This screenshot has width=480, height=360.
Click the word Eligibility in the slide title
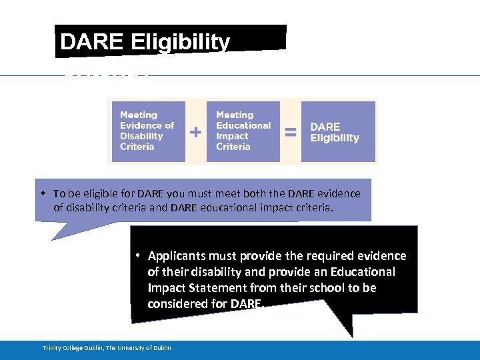pyautogui.click(x=181, y=42)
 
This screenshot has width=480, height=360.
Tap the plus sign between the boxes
pyautogui.click(x=196, y=132)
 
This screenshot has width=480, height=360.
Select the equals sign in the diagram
pyautogui.click(x=291, y=132)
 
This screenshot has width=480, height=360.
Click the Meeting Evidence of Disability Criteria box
pyautogui.click(x=147, y=131)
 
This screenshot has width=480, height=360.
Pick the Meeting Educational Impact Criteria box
pyautogui.click(x=243, y=131)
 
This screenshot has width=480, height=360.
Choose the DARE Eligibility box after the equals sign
pyautogui.click(x=338, y=131)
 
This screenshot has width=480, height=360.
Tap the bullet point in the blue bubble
pyautogui.click(x=42, y=193)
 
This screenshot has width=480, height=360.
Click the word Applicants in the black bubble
pyautogui.click(x=177, y=256)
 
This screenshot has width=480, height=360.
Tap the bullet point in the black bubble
pyautogui.click(x=136, y=256)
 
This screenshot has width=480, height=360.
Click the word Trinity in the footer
pyautogui.click(x=53, y=348)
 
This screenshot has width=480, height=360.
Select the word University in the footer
pyautogui.click(x=129, y=348)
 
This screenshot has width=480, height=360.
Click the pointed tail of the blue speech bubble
pyautogui.click(x=57, y=235)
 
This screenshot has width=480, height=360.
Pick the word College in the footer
pyautogui.click(x=74, y=348)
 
